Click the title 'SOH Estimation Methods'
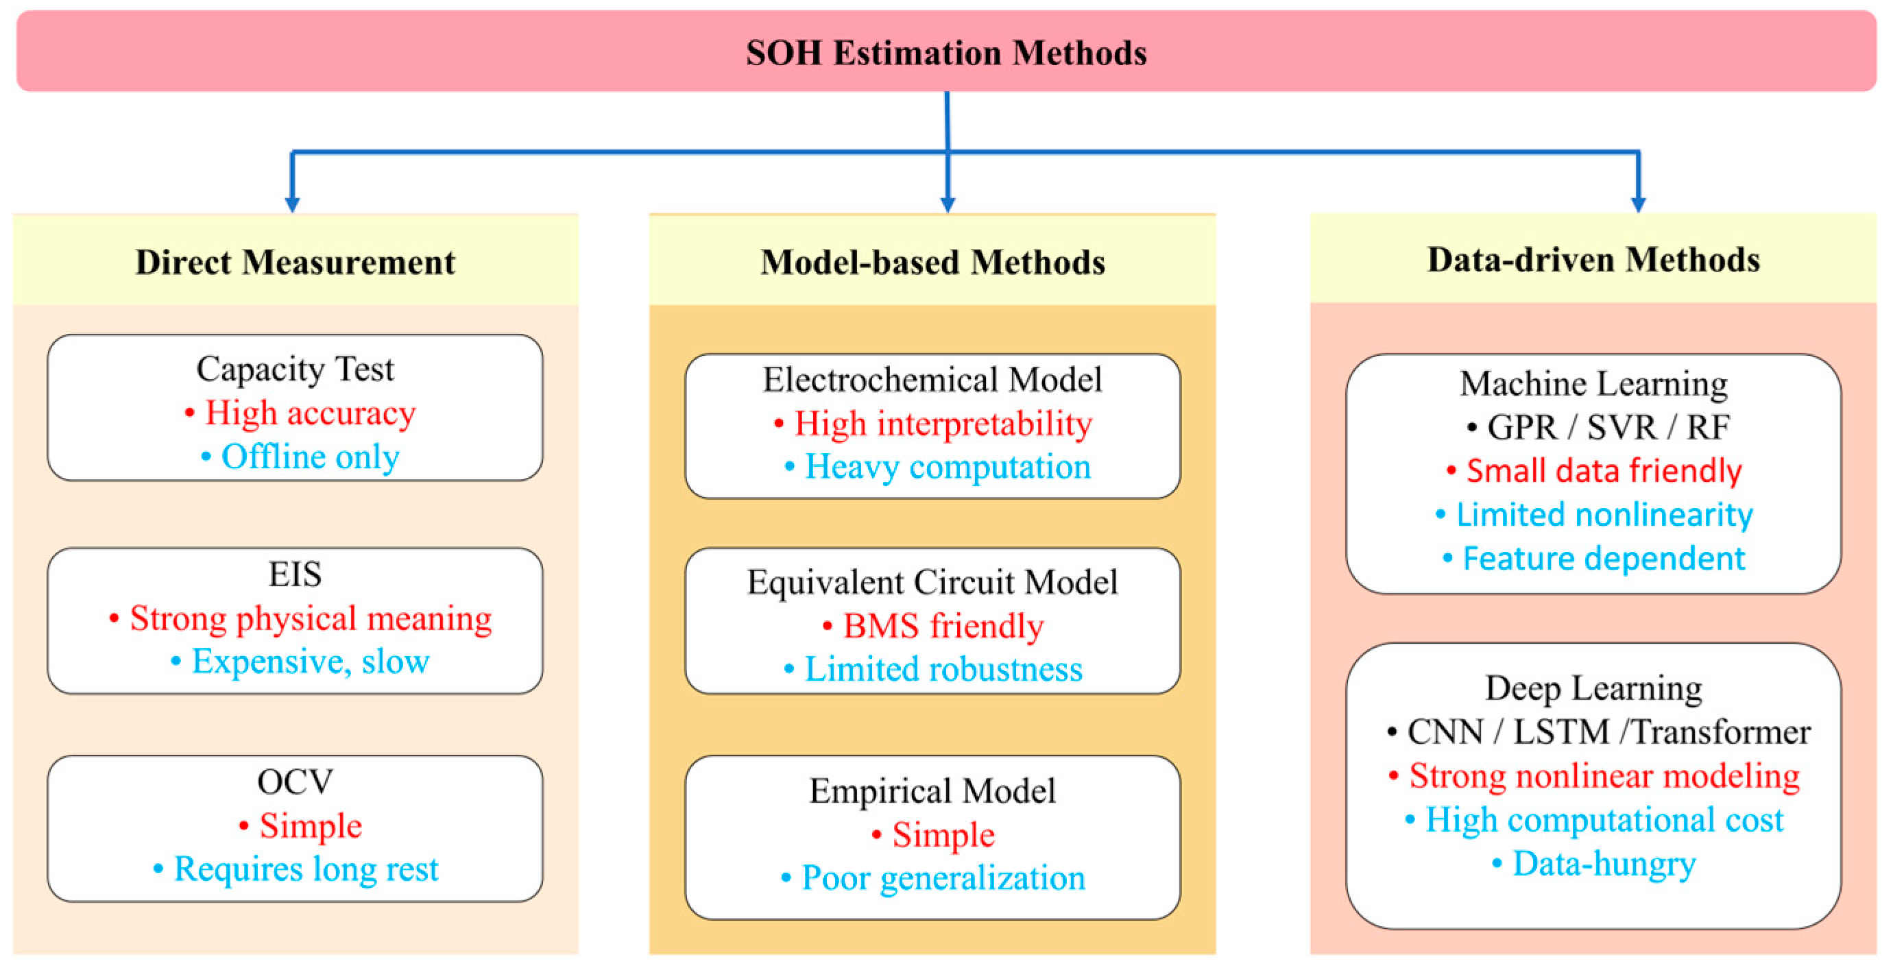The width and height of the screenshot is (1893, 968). click(945, 53)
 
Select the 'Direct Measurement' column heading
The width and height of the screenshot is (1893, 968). click(296, 262)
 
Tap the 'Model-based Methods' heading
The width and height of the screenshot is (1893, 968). click(932, 262)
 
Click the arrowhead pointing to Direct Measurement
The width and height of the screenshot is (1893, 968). click(293, 204)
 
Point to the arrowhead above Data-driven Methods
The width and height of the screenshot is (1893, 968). click(1638, 204)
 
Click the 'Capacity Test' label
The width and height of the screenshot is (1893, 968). click(296, 368)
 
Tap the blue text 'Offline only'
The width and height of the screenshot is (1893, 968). click(310, 457)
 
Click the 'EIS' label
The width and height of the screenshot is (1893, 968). click(296, 574)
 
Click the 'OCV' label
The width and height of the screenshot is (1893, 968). click(296, 782)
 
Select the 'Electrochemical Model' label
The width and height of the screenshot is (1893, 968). click(932, 379)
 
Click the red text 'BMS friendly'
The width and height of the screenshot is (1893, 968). click(943, 625)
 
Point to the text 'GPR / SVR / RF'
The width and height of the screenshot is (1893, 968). click(1608, 427)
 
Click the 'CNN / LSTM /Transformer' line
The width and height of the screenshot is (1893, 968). click(1608, 731)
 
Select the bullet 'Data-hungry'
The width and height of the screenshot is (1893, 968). click(1604, 864)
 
